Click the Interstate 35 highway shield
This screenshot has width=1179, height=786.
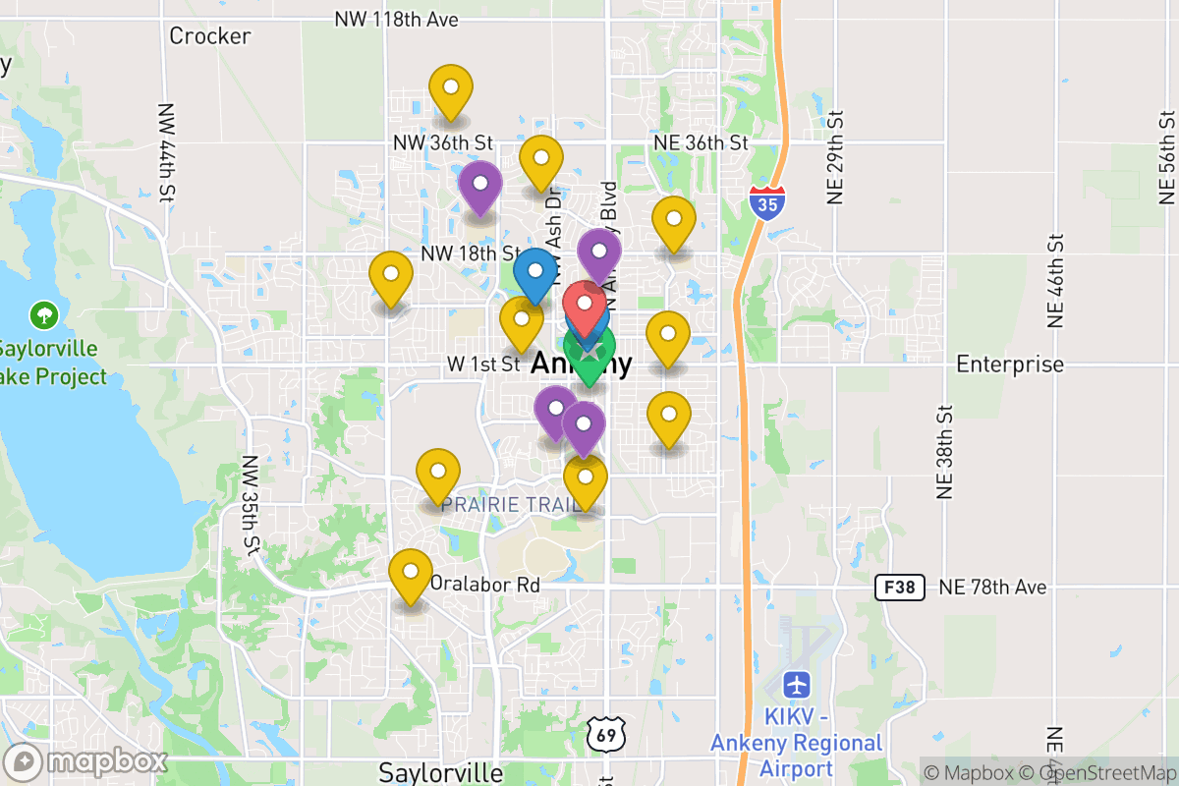767,201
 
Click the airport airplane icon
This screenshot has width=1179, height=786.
797,683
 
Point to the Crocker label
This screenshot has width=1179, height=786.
210,36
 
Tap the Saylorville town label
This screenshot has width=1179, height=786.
441,772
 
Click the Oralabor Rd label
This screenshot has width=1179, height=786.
485,585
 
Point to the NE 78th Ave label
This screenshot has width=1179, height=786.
992,588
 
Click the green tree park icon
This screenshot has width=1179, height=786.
43,315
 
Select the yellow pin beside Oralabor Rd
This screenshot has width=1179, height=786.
411,574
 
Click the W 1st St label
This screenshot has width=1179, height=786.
482,364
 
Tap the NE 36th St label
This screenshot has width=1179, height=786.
701,143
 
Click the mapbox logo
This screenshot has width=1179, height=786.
86,761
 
